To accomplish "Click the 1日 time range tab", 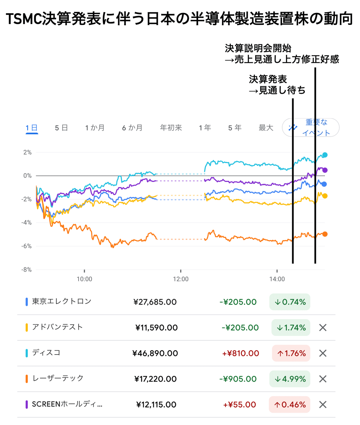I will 31,128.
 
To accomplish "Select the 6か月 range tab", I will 132,128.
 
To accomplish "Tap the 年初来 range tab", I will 171,128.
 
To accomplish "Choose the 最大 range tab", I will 266,128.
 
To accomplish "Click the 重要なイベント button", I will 310,128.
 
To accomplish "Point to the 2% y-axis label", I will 28,152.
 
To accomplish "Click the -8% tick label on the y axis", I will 26,270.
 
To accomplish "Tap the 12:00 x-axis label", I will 181,279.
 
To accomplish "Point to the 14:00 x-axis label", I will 277,279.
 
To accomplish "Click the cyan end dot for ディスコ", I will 325,155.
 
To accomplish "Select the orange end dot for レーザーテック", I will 325,234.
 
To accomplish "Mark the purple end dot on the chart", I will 325,170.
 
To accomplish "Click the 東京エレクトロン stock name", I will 61,302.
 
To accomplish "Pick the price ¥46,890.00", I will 155,353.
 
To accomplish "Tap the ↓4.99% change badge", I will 290,379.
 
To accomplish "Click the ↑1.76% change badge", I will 291,353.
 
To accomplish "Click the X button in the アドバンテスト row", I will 323,328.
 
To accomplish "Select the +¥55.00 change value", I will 239,405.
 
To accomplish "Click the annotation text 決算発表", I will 268,79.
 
